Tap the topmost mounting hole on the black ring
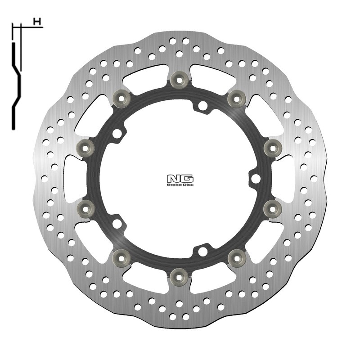(x=203, y=107)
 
